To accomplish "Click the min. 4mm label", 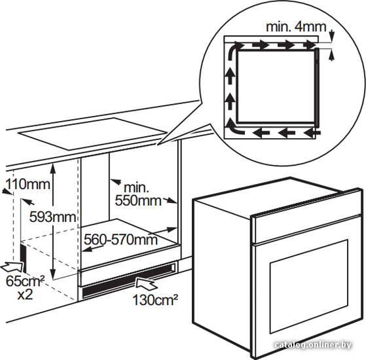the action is (x=296, y=27).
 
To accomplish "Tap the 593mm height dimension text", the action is (x=53, y=217).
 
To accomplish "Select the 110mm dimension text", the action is (x=27, y=184).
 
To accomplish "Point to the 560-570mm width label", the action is (x=120, y=239).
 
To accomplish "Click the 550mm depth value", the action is (x=138, y=200).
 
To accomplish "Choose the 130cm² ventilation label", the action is (x=155, y=299).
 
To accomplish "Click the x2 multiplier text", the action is (x=26, y=295).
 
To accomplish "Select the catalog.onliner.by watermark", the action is (x=312, y=344).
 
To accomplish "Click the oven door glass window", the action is (x=309, y=287).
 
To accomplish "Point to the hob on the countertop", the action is (x=92, y=134).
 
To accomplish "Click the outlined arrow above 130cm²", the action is (x=146, y=283).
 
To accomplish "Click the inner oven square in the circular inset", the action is (x=276, y=86).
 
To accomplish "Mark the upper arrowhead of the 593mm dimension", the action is (x=53, y=168).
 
